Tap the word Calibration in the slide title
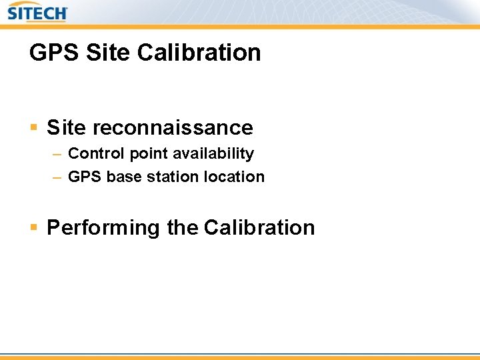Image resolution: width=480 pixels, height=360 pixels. pos(200,52)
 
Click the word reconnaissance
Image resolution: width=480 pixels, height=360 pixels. pos(173,128)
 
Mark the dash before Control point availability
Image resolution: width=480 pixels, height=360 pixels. pos(57,154)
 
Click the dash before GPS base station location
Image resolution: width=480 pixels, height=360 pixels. pos(57,177)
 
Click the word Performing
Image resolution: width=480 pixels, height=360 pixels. pos(104,228)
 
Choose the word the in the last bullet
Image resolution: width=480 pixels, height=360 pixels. pos(182,227)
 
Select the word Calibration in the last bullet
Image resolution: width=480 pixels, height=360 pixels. pos(259,227)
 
